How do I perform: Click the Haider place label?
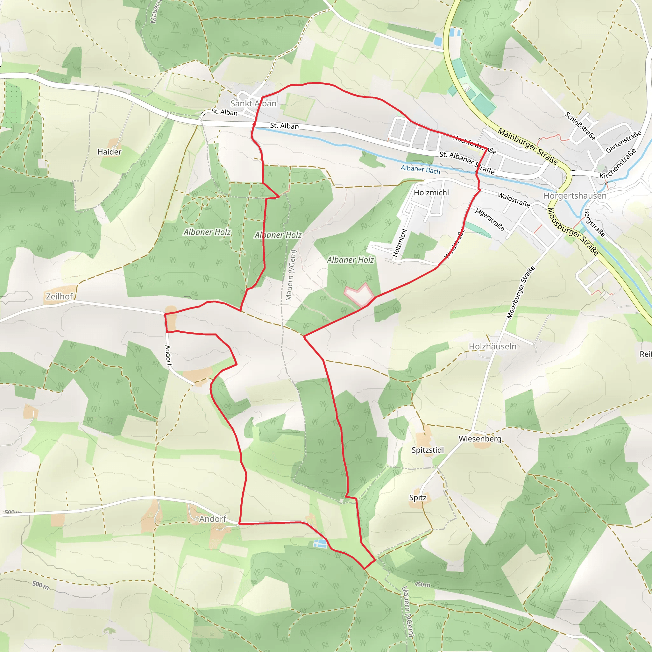point(109,152)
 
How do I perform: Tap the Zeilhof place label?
point(60,296)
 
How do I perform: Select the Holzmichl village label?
point(431,192)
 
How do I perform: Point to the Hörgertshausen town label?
point(575,196)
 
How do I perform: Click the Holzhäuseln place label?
point(493,346)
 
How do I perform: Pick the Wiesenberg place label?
point(480,439)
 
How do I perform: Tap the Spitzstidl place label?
point(428,450)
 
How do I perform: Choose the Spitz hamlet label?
point(418,498)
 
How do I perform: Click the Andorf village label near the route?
point(213,519)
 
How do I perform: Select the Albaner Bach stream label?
point(421,169)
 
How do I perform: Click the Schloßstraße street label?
point(580,126)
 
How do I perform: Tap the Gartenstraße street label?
point(623,142)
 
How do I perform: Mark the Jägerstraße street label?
point(490,219)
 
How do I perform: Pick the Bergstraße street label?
point(594,223)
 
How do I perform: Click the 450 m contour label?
point(422,584)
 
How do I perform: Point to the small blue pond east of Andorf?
point(320,543)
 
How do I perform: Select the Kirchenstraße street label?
point(618,163)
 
